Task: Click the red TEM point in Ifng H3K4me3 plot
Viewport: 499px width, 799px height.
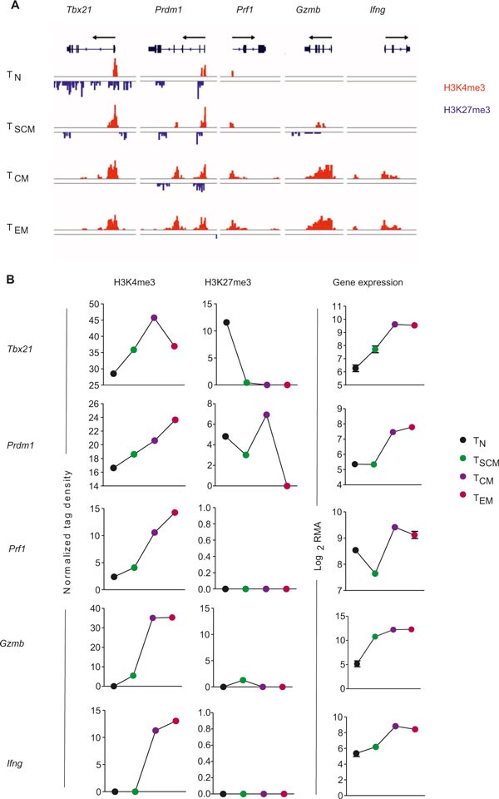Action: pos(175,721)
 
